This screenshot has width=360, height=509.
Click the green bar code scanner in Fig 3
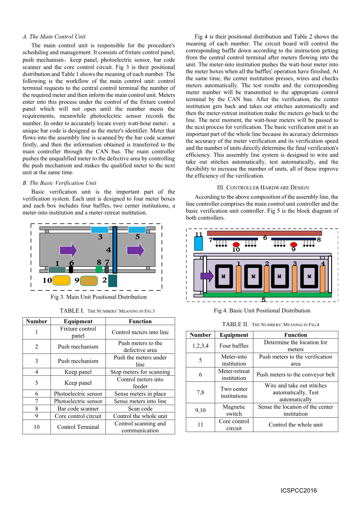99,269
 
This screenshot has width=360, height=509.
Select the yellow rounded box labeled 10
61,280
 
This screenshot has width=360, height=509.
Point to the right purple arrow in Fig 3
135,250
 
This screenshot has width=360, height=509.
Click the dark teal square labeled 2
112,280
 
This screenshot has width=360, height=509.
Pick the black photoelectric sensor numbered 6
71,269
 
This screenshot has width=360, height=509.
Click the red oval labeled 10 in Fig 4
236,245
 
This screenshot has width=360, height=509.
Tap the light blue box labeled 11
198,243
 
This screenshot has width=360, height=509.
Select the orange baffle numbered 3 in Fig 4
295,279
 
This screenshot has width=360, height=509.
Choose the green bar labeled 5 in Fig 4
267,295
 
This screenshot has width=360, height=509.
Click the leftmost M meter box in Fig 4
224,276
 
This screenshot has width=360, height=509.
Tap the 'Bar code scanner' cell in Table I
78,409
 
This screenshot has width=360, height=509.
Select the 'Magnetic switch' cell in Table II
234,410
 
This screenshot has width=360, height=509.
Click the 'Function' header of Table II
295,335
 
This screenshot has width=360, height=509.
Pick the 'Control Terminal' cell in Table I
78,427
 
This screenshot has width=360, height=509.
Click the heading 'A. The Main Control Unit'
54,37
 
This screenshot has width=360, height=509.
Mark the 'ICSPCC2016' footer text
299,490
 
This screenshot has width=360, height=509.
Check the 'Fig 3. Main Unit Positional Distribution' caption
99,297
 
